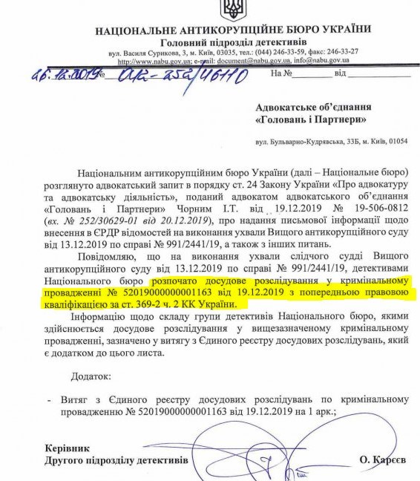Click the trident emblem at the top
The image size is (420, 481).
click(x=232, y=10)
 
